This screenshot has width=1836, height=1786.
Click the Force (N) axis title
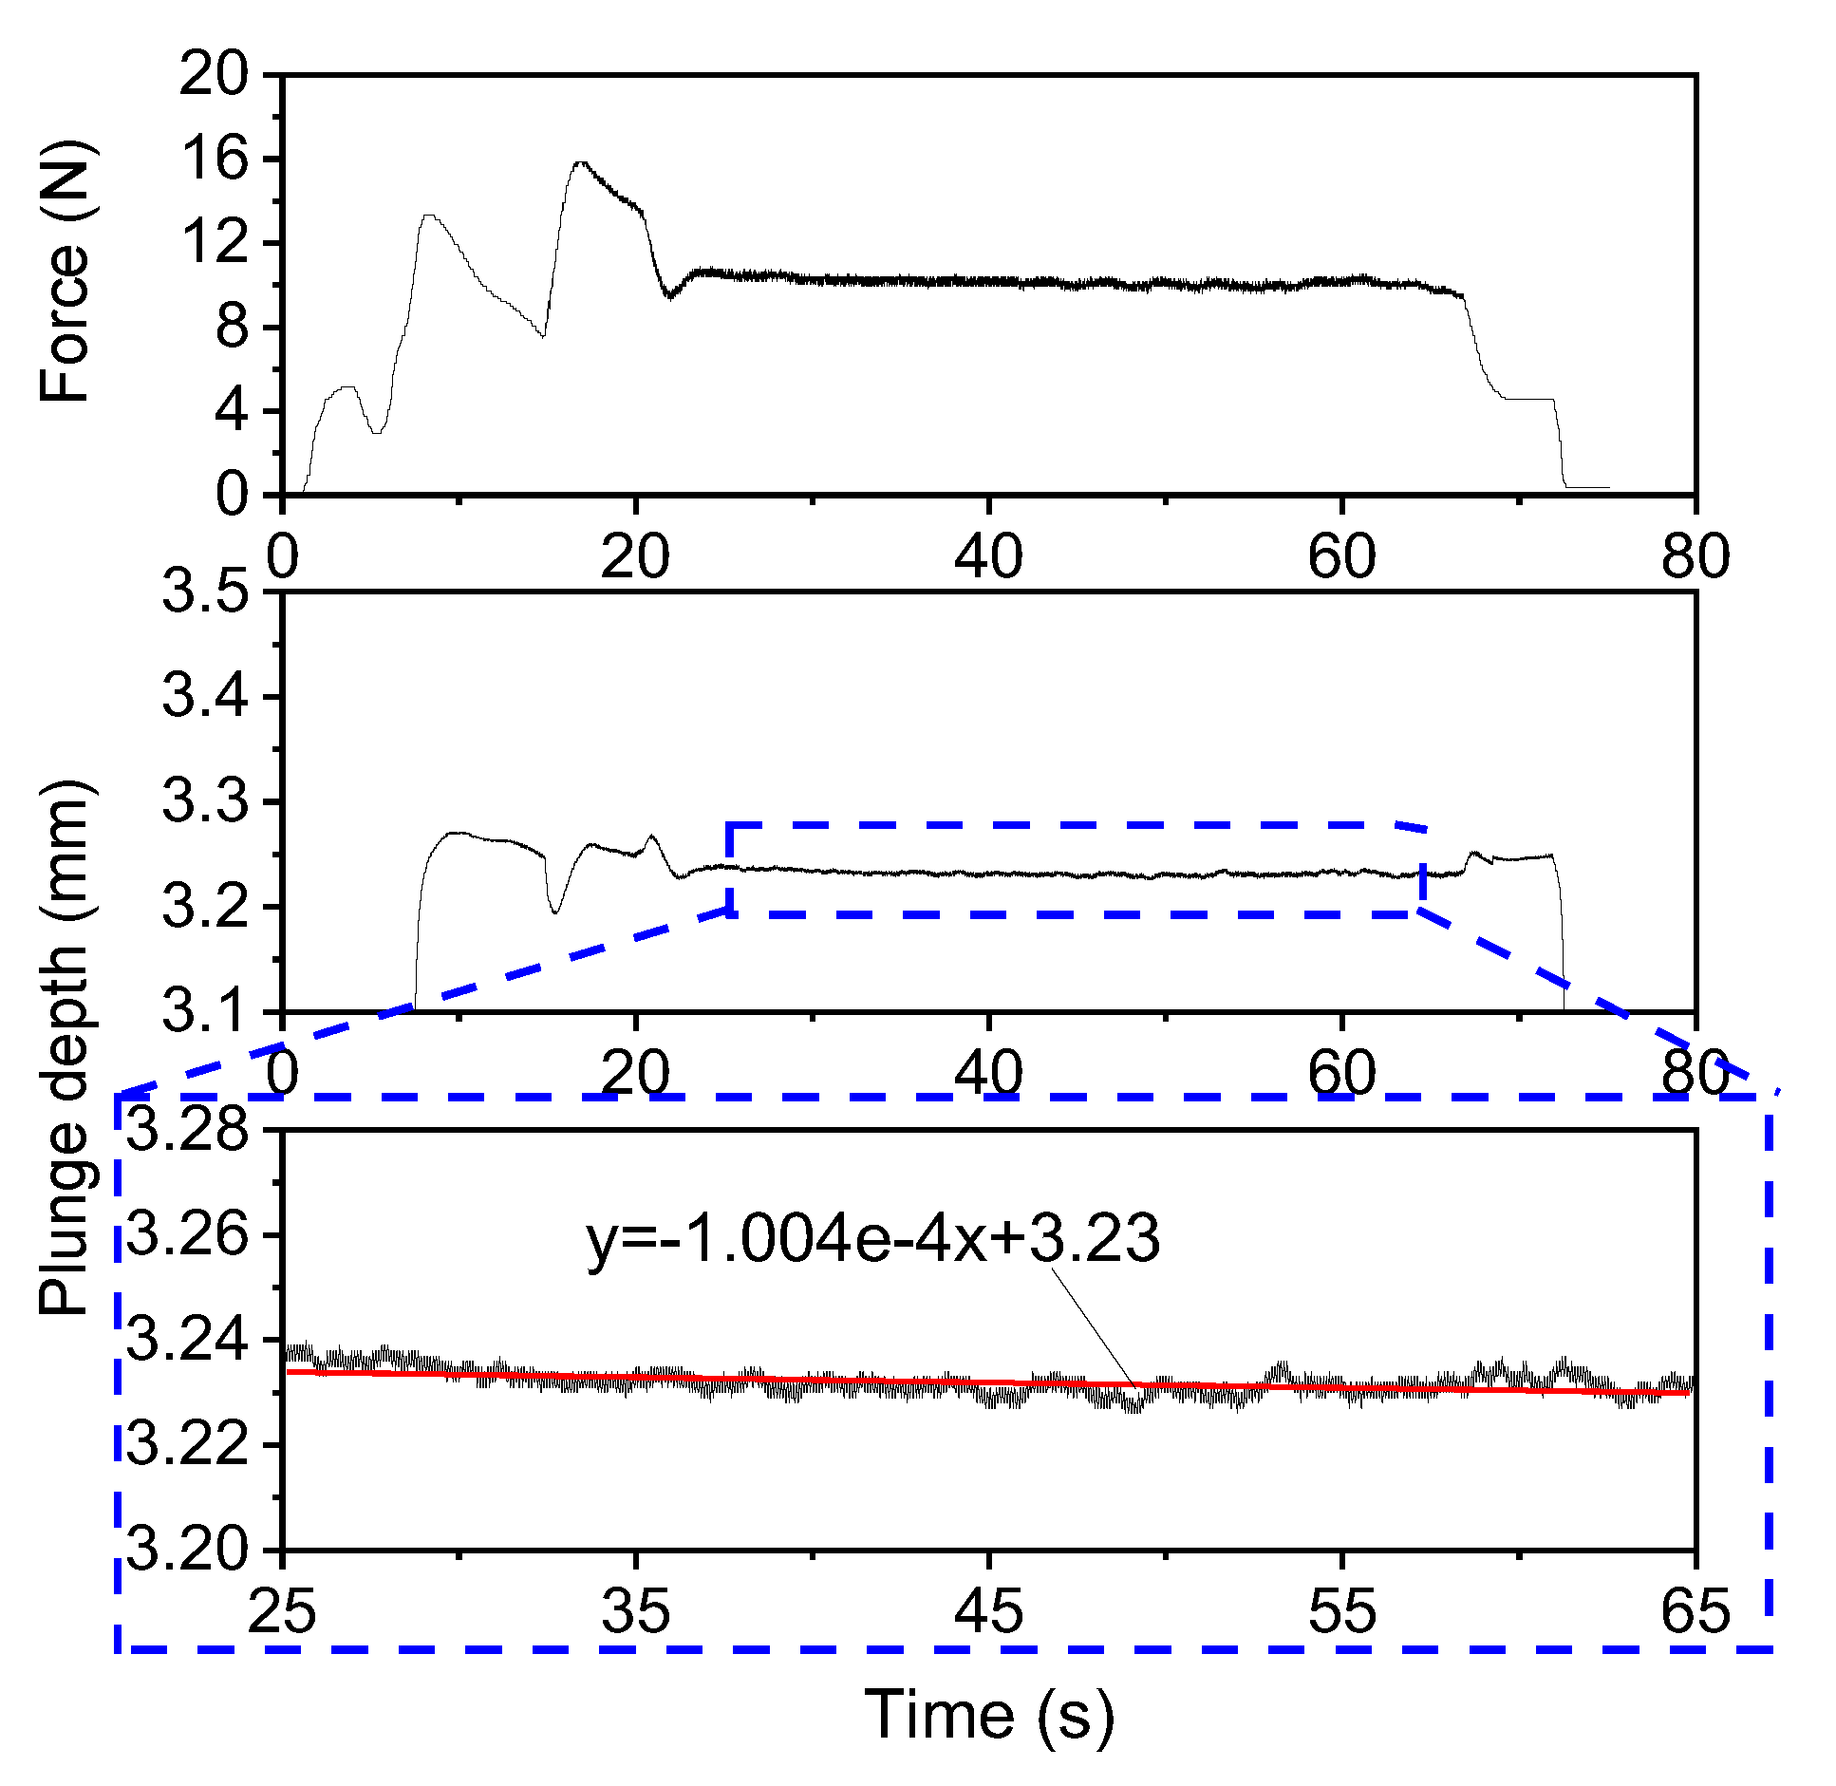65,273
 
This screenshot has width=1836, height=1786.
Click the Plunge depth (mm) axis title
65,1047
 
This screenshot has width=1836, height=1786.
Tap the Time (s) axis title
988,1714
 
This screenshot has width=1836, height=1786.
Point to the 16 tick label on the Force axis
215,159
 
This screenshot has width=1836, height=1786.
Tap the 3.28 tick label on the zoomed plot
187,1130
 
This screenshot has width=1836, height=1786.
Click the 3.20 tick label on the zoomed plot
187,1550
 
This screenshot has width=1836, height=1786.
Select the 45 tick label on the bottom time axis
988,1611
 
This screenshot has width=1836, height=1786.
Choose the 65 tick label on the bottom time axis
1695,1611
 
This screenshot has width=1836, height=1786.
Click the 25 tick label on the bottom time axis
282,1611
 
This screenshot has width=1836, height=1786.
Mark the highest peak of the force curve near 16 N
580,163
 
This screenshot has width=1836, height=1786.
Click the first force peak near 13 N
429,216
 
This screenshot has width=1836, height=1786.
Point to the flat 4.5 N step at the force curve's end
1528,399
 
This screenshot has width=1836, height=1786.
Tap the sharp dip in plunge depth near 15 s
555,912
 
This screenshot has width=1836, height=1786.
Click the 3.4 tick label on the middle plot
204,696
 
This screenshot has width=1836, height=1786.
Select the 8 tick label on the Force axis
232,328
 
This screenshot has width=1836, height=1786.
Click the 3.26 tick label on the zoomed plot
187,1235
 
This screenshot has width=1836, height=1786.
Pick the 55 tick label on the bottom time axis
1341,1611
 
